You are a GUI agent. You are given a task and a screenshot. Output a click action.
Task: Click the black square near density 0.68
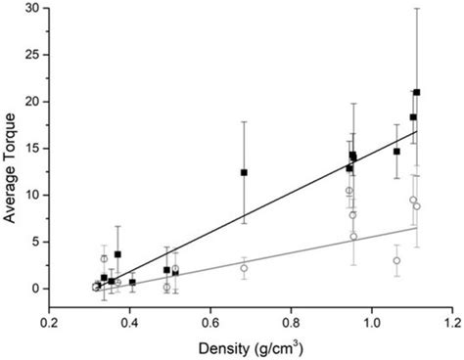(x=244, y=172)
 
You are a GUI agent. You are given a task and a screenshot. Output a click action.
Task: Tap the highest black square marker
(x=417, y=92)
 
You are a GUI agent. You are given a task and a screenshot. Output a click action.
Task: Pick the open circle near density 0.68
(x=244, y=268)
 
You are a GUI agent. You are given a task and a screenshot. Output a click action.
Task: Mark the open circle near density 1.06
(x=396, y=260)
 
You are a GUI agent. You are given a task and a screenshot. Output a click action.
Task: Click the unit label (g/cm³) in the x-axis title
(x=286, y=346)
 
